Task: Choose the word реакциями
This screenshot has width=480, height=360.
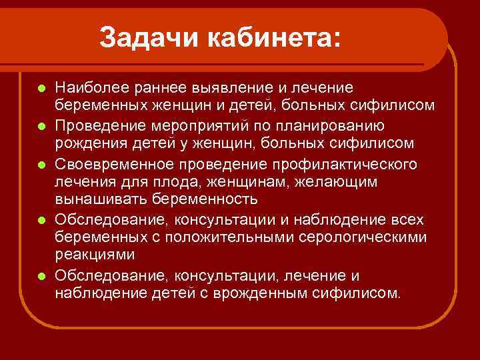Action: tap(95, 255)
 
